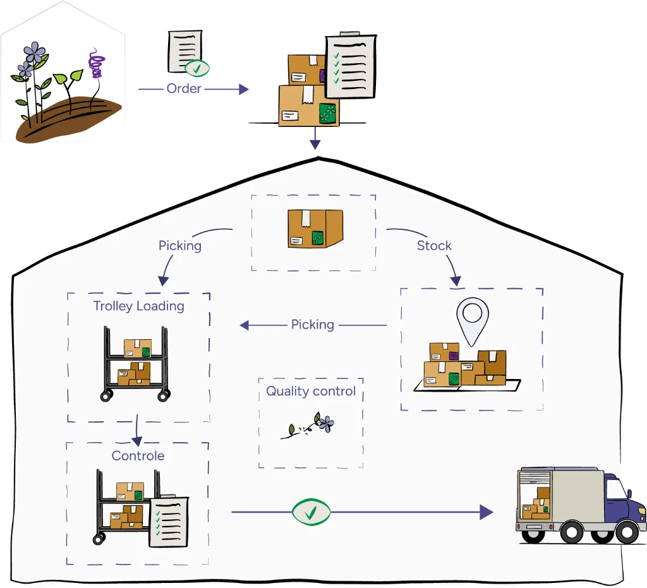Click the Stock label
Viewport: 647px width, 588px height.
click(x=434, y=246)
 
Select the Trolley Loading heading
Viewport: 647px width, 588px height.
click(x=138, y=306)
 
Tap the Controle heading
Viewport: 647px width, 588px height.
click(x=138, y=455)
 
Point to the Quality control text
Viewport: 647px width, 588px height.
click(x=310, y=391)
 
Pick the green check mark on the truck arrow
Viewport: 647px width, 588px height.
click(x=310, y=512)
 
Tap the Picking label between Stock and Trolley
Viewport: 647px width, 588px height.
click(x=312, y=325)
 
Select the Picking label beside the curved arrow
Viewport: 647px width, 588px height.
click(x=180, y=246)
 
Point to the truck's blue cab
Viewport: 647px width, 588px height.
click(x=620, y=500)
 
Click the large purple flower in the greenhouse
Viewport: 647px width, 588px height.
click(x=35, y=52)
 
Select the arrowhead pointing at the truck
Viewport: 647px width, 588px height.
click(x=486, y=512)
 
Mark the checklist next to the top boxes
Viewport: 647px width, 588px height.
click(x=349, y=65)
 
